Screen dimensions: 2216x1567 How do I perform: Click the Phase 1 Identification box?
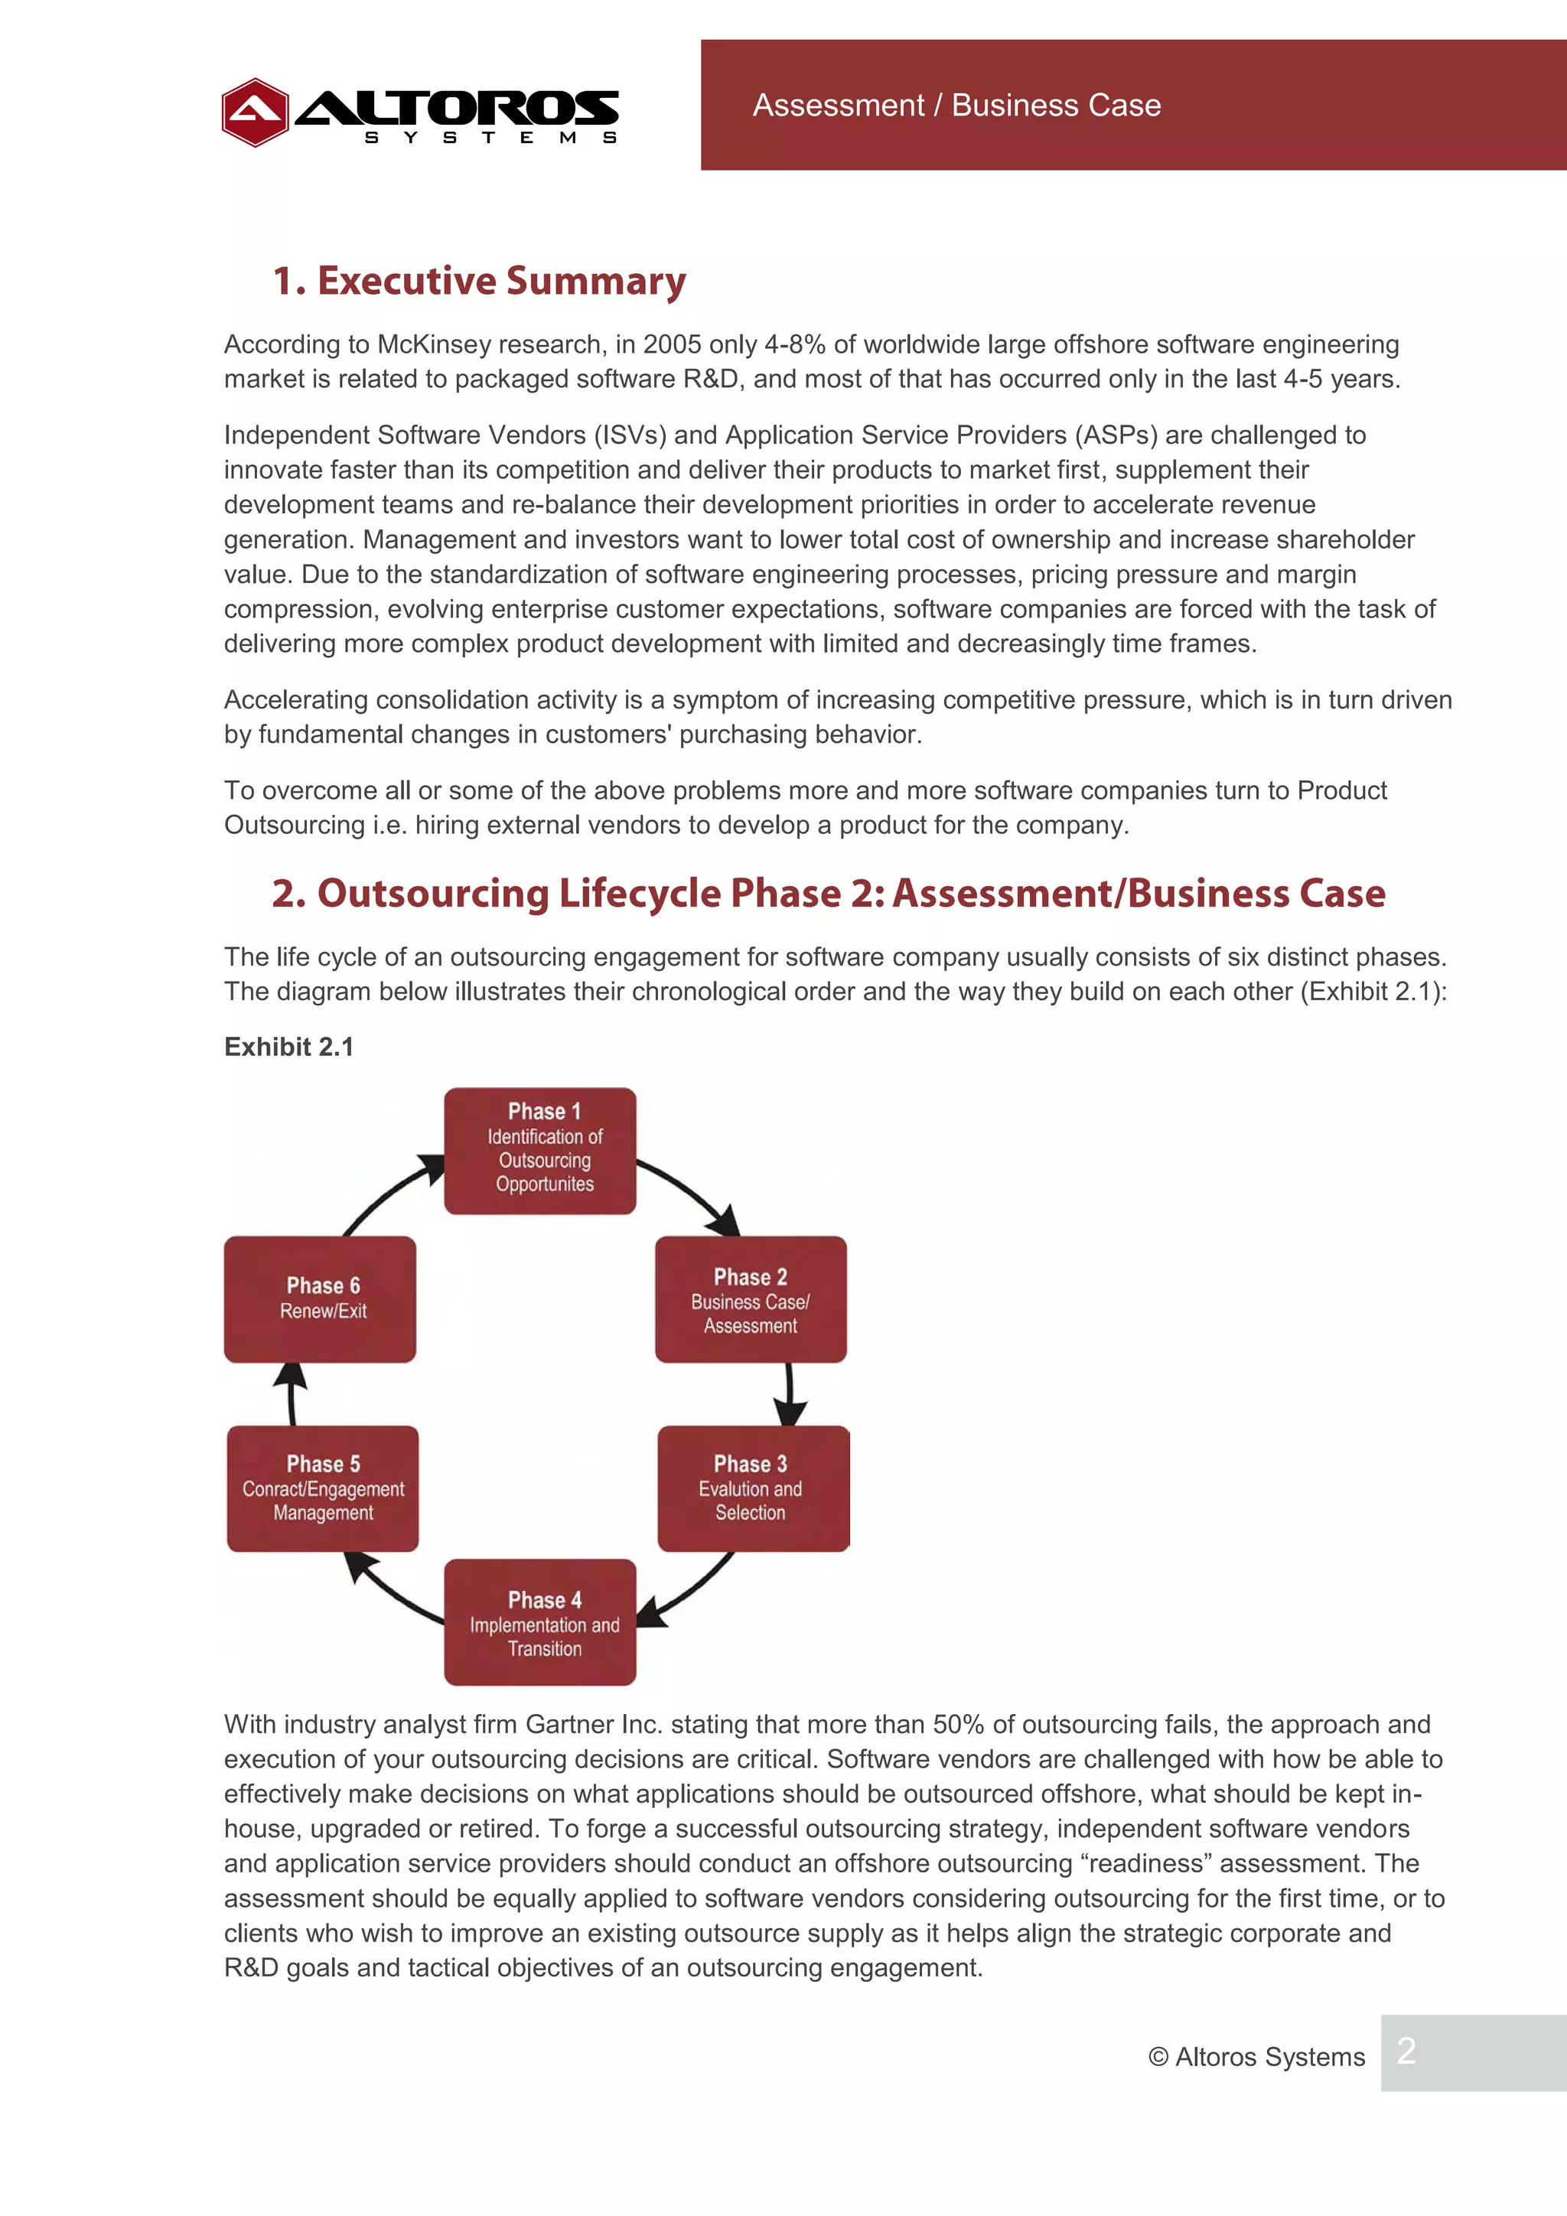pos(539,1150)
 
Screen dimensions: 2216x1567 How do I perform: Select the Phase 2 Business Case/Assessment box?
pos(750,1299)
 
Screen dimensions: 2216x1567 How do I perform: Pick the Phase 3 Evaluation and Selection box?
pos(753,1488)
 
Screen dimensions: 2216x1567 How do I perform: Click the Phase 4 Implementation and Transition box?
pos(539,1621)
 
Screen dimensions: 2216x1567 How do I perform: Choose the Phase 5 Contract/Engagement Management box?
pos(322,1488)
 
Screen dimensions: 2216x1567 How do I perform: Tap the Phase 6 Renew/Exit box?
pos(321,1299)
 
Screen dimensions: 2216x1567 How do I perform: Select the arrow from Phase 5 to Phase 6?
pos(291,1393)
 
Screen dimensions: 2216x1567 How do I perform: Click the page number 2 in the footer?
pos(1406,2052)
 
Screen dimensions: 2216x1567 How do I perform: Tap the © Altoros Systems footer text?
pos(1256,2057)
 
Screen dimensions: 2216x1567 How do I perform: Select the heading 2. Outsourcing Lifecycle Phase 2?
pos(828,894)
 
